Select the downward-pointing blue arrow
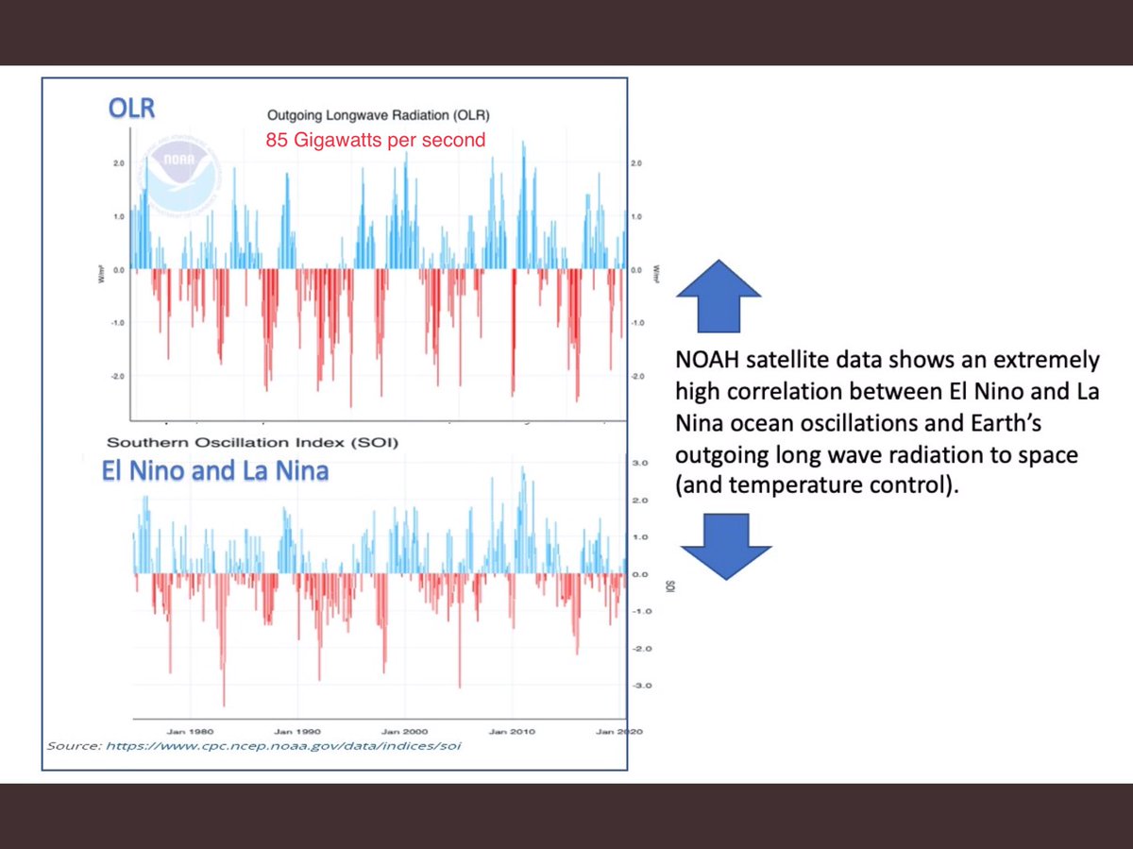pos(725,546)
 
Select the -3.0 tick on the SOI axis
pos(640,686)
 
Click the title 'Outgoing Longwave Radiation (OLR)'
pos(378,114)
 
